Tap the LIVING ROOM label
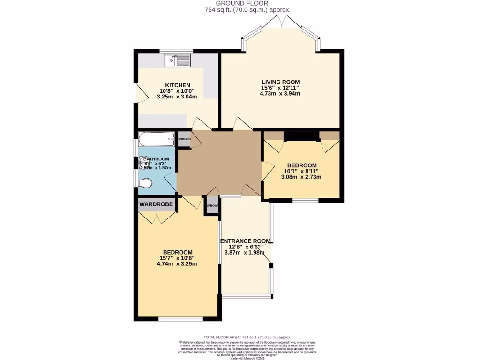[280, 82]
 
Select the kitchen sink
[177, 60]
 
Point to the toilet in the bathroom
[145, 184]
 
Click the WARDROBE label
[156, 204]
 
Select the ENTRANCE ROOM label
[246, 241]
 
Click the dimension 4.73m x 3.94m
[280, 93]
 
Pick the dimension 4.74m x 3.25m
[177, 263]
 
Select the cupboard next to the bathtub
[183, 140]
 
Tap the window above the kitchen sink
[176, 51]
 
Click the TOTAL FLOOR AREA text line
[247, 337]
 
